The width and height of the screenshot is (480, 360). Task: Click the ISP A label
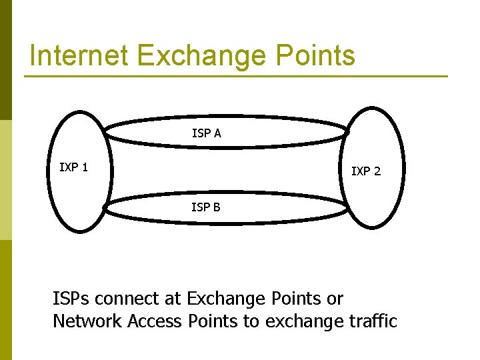[206, 133]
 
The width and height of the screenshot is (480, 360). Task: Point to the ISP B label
[205, 207]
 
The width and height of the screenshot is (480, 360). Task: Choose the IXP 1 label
[73, 167]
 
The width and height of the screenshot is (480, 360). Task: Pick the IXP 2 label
[366, 171]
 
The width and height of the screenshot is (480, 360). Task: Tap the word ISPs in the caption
[73, 299]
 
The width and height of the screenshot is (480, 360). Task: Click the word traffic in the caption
[372, 321]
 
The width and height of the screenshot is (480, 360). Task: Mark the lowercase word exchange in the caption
[304, 321]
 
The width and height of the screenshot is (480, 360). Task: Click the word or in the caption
[335, 299]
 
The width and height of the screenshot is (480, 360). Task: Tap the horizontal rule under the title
[236, 76]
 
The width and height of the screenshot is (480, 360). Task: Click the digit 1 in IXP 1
[85, 167]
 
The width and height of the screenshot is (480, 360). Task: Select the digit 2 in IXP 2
[377, 171]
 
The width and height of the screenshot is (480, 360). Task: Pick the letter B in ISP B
[217, 207]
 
